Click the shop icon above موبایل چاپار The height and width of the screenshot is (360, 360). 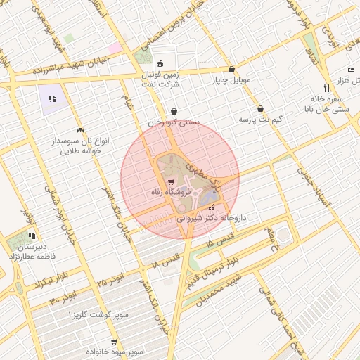[x=232, y=70]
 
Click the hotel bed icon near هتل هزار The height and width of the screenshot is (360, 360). [x=351, y=70]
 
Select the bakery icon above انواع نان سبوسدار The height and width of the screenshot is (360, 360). [x=79, y=130]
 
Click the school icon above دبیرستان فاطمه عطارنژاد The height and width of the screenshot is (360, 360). [x=31, y=236]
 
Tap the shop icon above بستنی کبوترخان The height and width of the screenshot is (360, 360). [x=174, y=111]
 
